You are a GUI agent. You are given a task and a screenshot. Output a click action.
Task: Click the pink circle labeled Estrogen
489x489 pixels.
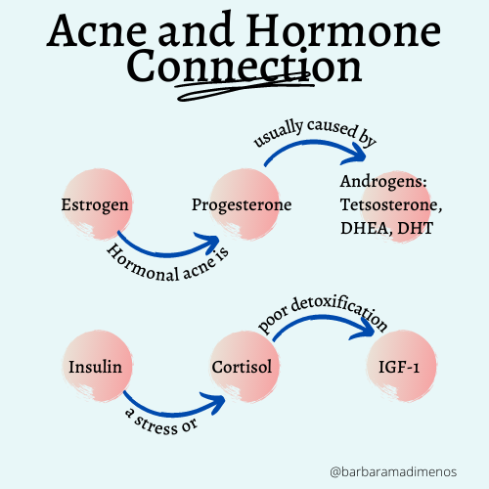pyautogui.click(x=95, y=206)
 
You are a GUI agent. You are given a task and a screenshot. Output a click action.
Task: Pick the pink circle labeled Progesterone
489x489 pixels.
pyautogui.click(x=242, y=206)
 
